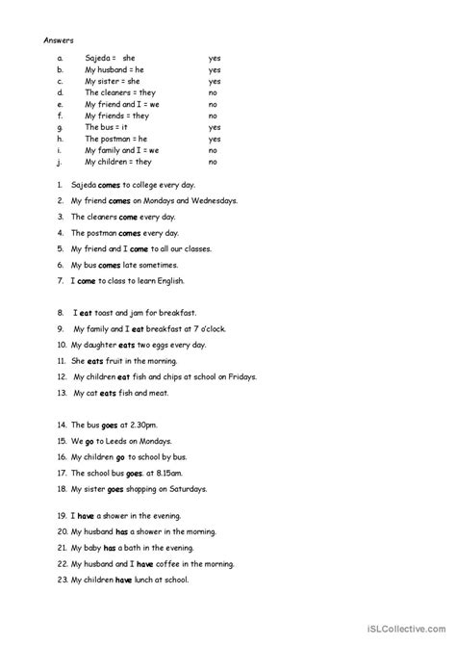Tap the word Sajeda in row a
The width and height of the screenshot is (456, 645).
pos(98,58)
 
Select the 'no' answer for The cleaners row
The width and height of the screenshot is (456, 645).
pos(213,92)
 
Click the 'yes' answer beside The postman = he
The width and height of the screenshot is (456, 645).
pos(215,139)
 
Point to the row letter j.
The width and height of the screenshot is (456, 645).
pos(60,162)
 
